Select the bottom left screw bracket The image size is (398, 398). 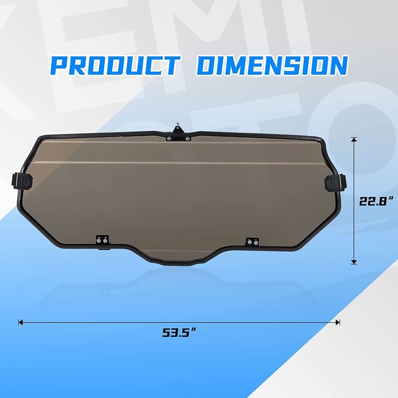click(102, 240)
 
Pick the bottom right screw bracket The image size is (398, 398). click(252, 241)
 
